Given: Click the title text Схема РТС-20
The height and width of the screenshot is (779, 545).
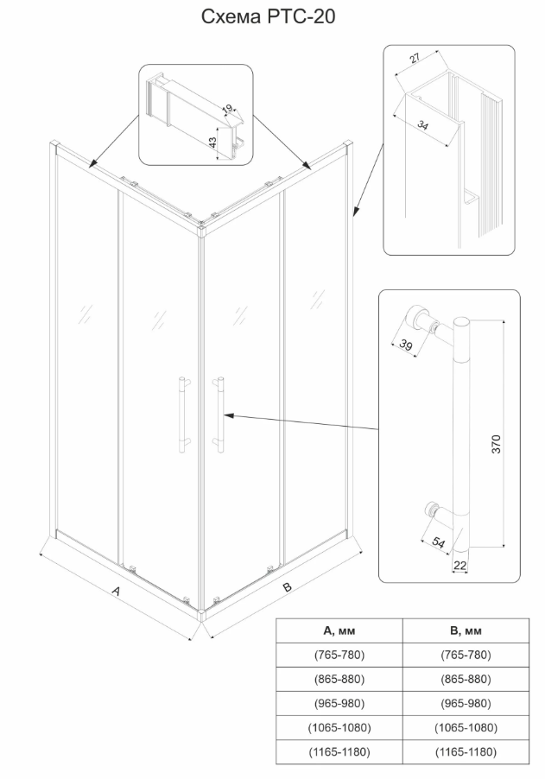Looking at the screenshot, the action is [x=268, y=17].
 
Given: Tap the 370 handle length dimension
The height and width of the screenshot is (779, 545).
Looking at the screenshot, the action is [x=496, y=444].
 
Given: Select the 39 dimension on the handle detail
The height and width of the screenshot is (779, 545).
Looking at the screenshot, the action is [x=406, y=345].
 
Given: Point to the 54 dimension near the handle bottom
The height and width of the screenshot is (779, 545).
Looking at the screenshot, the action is [x=438, y=542].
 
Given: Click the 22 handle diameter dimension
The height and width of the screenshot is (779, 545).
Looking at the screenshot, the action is [x=460, y=566].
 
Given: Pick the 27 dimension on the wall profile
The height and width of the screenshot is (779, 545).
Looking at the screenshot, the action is [x=415, y=58].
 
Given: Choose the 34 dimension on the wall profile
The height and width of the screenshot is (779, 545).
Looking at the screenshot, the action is [x=422, y=124].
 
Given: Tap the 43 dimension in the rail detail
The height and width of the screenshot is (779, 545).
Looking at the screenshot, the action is [x=212, y=142].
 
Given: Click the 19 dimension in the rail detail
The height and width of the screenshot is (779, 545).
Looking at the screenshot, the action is [x=228, y=108].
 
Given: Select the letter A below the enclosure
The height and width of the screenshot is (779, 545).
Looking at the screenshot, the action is [x=116, y=592].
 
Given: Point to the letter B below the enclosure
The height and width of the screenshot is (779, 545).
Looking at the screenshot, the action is [x=287, y=586].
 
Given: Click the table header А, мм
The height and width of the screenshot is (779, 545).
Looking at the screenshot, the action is [x=339, y=631].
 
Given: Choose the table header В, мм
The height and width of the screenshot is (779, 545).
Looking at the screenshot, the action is [x=466, y=631].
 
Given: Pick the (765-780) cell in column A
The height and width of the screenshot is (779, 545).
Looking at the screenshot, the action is [x=339, y=655].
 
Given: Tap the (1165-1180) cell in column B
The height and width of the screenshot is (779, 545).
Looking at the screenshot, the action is [x=466, y=751].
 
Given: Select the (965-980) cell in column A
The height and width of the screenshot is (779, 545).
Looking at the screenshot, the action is [x=339, y=704].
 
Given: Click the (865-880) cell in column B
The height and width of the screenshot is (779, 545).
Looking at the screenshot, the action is [x=466, y=679].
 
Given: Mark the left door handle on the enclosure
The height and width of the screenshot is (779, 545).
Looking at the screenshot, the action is [x=182, y=415].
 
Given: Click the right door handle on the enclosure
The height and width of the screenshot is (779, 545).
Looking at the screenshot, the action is [x=219, y=415].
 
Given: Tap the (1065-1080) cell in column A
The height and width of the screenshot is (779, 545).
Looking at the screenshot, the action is [x=339, y=727].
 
